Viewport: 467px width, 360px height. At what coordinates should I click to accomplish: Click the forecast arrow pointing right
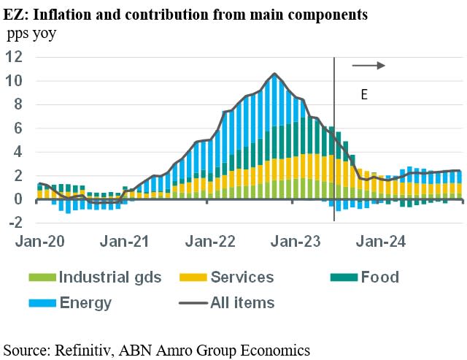tap(368, 66)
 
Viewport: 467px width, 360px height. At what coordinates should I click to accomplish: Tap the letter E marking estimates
tap(364, 94)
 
